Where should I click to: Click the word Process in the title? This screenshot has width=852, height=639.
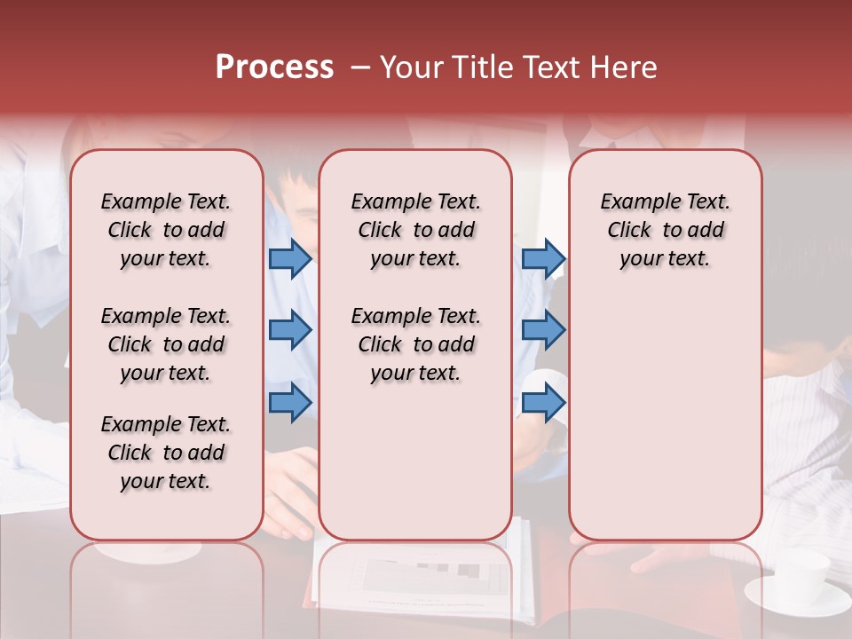click(x=274, y=67)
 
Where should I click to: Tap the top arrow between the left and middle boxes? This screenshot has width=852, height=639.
click(x=290, y=258)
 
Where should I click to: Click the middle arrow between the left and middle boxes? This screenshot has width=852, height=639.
click(x=290, y=330)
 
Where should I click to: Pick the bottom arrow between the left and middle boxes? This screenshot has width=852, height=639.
click(x=290, y=402)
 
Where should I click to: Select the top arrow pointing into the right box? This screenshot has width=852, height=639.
click(x=543, y=258)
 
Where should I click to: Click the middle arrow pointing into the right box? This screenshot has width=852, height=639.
click(x=543, y=330)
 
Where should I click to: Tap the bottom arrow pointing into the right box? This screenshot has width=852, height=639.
click(x=543, y=402)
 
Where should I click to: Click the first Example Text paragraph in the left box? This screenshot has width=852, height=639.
click(x=166, y=230)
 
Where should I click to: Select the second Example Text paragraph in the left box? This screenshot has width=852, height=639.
click(x=166, y=344)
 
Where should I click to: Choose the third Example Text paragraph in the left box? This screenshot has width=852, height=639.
click(x=166, y=453)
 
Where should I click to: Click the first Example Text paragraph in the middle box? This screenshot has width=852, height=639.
click(x=415, y=230)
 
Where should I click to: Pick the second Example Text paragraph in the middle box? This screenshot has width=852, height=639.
click(x=415, y=344)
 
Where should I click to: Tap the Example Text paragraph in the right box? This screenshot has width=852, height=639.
click(x=665, y=230)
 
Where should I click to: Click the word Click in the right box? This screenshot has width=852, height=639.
click(x=629, y=230)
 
